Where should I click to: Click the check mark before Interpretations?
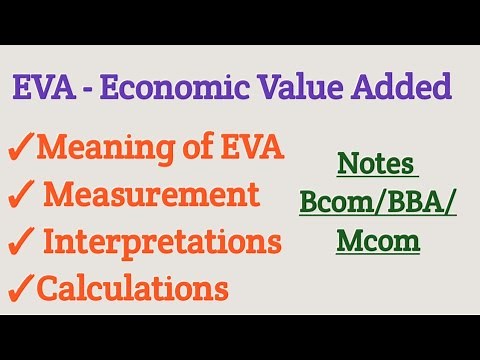coord(20,243)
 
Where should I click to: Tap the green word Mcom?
coord(377,241)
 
